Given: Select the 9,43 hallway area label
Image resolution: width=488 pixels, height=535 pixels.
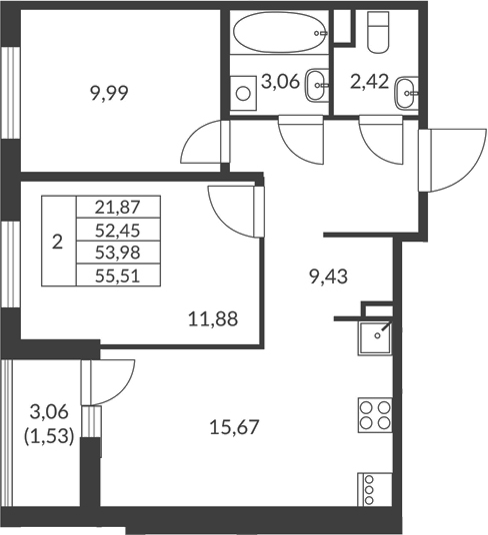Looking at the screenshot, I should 330,278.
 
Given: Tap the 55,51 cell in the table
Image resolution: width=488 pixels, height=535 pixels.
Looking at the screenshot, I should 118,275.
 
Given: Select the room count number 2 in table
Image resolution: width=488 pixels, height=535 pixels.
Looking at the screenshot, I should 57,241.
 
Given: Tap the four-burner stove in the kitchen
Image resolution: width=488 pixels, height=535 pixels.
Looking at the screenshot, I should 372,412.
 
